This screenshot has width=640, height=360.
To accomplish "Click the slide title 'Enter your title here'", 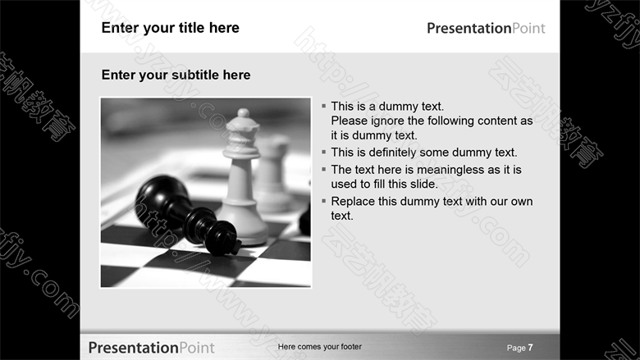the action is click(170, 28).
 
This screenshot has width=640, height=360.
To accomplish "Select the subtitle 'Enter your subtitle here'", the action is click(176, 75).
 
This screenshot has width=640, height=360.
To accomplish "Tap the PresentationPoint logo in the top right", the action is click(486, 29).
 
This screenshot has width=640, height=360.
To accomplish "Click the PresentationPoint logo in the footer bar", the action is click(152, 348).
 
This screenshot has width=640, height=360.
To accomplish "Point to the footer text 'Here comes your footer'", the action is click(320, 347).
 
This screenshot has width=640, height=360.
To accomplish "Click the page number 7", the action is click(530, 348).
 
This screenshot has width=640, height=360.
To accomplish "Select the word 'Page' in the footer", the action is click(516, 349).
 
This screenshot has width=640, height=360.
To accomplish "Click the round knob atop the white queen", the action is click(243, 112).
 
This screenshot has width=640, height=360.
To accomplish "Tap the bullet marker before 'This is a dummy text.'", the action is click(323, 106).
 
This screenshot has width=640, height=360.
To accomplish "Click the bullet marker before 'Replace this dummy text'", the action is click(323, 201).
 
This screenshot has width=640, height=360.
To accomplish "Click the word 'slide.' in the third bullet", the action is click(424, 185).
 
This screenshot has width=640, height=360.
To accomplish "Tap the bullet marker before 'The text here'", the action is click(323, 169).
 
